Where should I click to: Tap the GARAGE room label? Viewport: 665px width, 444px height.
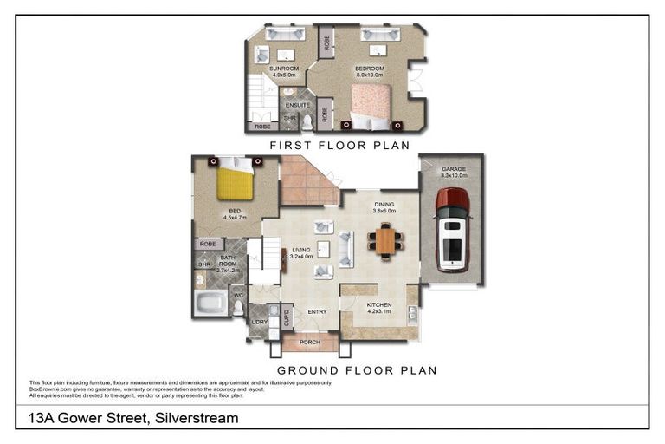pos(454,169)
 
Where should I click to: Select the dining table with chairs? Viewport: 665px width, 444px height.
pos(385,240)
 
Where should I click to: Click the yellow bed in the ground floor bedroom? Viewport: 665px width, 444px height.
pos(235,184)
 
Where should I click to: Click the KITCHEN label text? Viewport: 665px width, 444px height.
pos(379,305)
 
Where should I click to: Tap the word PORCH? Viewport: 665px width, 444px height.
pos(309,343)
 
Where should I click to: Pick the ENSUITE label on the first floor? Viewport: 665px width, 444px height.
pos(298,105)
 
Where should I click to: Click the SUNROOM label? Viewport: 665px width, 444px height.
pos(283,68)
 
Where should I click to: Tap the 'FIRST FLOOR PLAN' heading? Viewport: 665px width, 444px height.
pos(339,146)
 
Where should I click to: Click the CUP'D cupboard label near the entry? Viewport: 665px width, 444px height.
pos(285,316)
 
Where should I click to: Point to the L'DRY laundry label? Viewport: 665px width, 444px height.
pos(259,323)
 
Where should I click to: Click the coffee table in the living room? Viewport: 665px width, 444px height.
pos(323,250)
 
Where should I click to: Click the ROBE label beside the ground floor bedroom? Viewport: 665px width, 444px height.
pos(207,245)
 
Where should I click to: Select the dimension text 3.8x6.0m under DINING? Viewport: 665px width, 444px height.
pos(384,211)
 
